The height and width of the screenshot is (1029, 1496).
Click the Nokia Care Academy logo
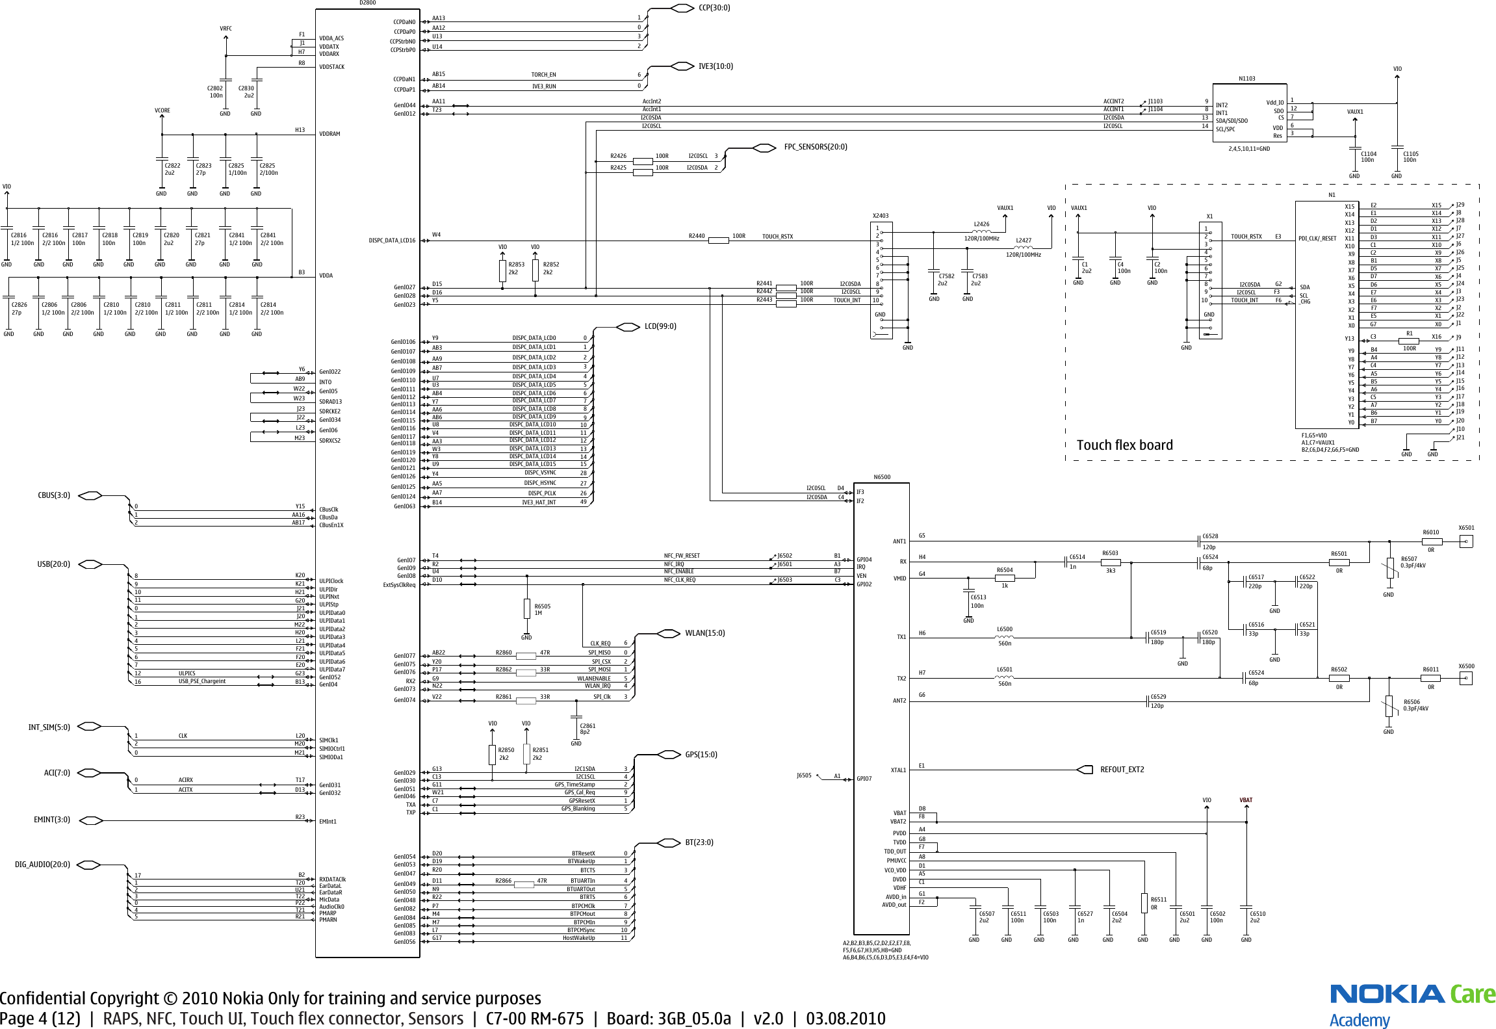1412,1004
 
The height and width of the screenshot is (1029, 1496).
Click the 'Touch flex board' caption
1124,445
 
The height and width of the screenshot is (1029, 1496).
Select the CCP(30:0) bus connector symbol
682,8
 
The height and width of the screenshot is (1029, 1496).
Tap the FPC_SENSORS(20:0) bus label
815,147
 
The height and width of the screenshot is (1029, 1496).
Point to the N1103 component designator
1246,79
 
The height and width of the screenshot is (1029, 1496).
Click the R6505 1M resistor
526,608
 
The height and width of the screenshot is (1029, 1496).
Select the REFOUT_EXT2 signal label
1122,770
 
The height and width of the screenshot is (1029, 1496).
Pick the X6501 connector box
1465,541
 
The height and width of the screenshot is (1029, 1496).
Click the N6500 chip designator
882,477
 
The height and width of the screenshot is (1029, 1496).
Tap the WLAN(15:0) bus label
704,633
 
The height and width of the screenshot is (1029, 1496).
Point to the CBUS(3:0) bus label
54,495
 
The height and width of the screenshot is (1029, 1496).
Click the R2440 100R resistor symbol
718,241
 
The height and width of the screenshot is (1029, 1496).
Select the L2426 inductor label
981,224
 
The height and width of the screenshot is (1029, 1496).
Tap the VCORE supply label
162,111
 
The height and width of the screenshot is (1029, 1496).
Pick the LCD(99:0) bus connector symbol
628,326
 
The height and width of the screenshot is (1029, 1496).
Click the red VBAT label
1246,800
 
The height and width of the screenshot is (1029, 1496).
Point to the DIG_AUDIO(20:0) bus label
42,865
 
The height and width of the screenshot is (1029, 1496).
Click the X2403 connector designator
881,216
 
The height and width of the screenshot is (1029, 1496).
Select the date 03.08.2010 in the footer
845,1019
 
